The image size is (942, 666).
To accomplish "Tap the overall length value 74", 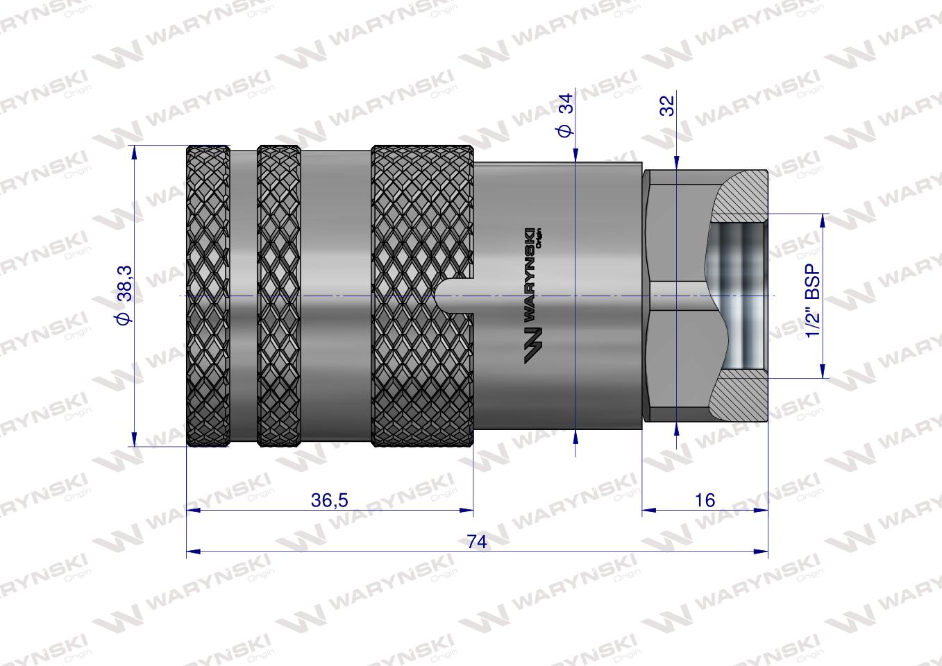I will [476, 542].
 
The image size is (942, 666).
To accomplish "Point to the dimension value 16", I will [704, 500].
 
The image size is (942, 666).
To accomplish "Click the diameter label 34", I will [566, 114].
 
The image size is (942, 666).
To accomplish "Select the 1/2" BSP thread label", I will [813, 296].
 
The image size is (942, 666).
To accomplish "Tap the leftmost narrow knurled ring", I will [208, 296].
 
